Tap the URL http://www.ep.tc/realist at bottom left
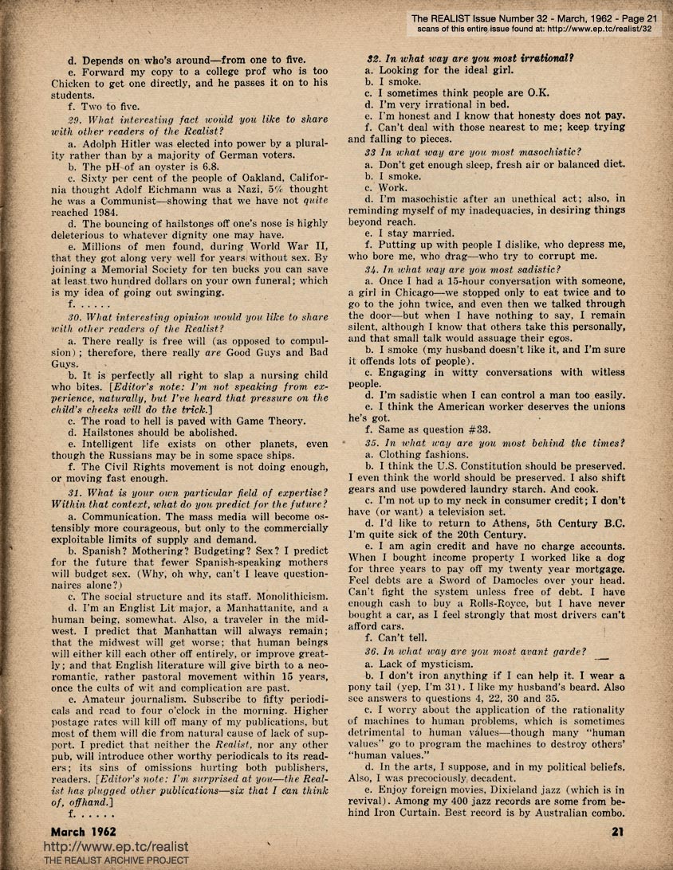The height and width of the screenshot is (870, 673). point(115,845)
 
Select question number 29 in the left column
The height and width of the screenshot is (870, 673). point(74,119)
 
